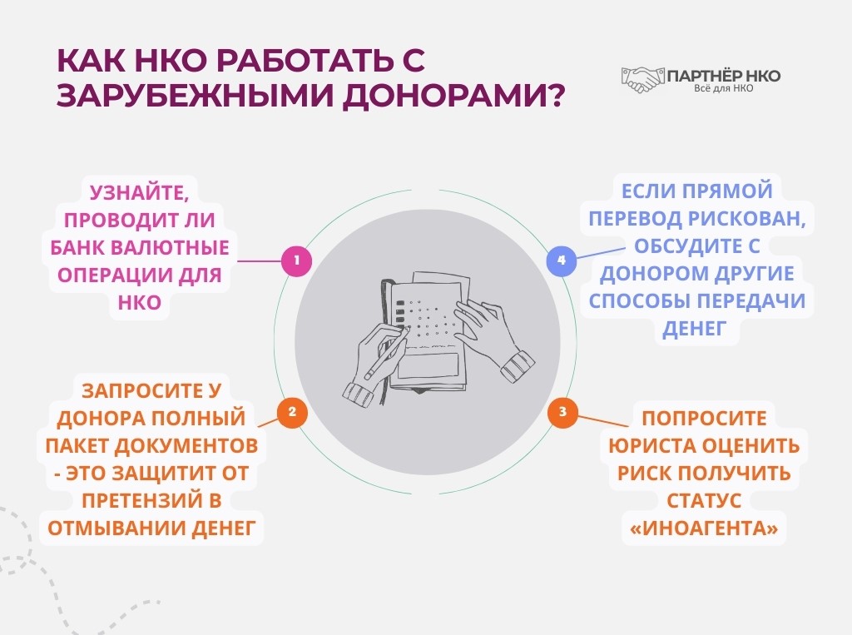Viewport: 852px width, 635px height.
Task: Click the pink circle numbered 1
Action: coord(296,261)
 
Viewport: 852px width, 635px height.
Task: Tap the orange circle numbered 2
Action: coord(291,412)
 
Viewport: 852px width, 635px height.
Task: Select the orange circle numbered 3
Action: coord(562,412)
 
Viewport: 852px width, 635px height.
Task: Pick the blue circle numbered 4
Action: coord(561,260)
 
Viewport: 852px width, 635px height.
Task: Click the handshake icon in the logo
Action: coord(642,79)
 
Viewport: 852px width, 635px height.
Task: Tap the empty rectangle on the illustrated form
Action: coord(428,365)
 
